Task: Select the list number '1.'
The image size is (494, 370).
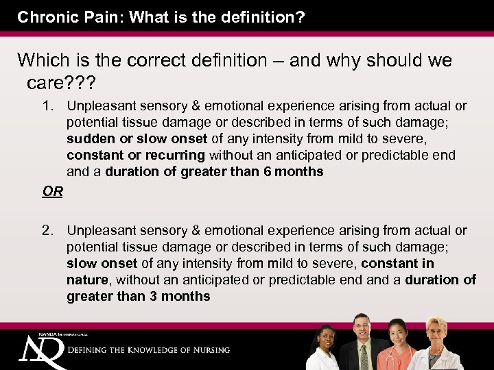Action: pyautogui.click(x=48, y=106)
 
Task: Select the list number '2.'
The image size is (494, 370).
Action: pyautogui.click(x=48, y=231)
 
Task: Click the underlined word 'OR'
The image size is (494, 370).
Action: pyautogui.click(x=52, y=191)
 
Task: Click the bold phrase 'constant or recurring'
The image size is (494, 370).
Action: pyautogui.click(x=136, y=156)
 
